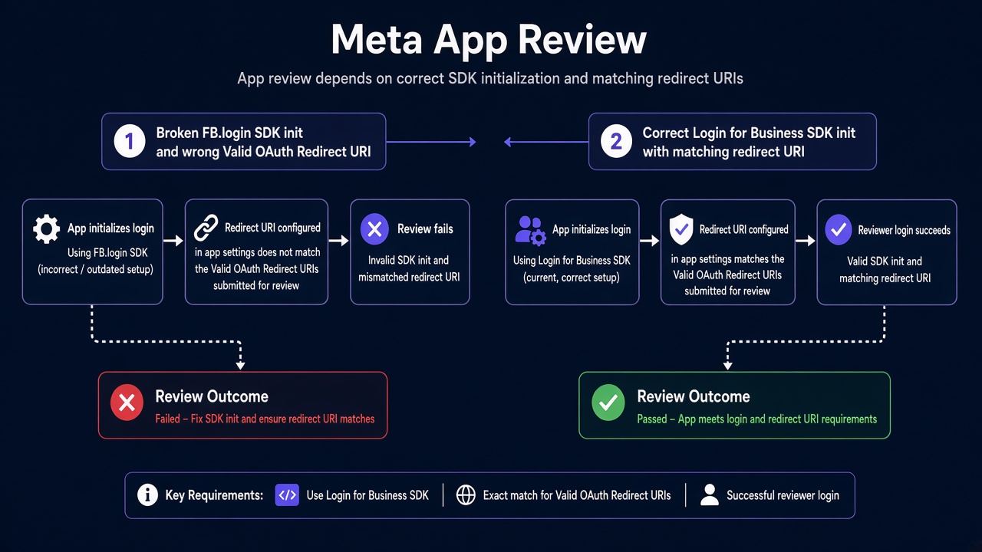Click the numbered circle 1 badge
[130, 141]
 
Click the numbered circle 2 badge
[616, 141]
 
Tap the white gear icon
[46, 228]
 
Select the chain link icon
[206, 228]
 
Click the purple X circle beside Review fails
[374, 228]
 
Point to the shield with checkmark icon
[680, 229]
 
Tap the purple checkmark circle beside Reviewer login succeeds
[839, 229]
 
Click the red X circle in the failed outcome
[127, 402]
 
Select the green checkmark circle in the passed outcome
[608, 402]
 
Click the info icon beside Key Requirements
[147, 495]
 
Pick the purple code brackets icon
[287, 495]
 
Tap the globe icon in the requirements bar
[466, 495]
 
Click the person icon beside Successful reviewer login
[710, 495]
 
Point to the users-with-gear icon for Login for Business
[530, 231]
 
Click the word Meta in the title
[377, 40]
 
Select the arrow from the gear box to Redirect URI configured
[173, 241]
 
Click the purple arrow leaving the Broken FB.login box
[431, 142]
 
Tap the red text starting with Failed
[265, 419]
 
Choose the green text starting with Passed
[756, 419]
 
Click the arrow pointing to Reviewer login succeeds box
[806, 241]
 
